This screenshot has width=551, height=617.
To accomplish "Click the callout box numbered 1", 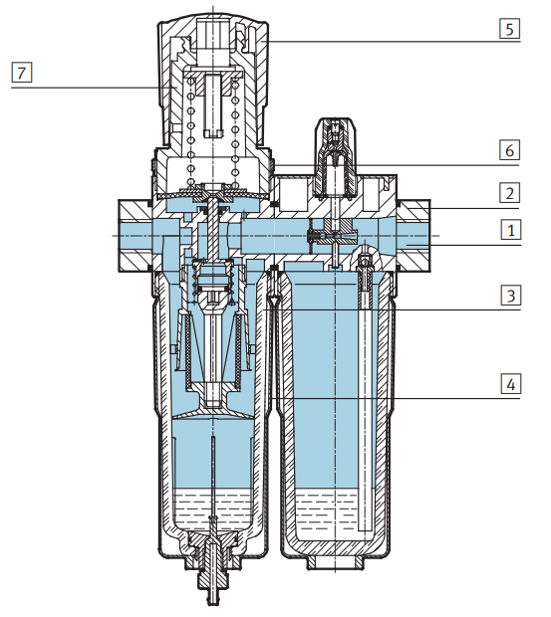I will (510, 231).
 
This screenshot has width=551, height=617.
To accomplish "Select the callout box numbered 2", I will (510, 193).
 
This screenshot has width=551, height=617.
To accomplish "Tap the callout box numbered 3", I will (510, 297).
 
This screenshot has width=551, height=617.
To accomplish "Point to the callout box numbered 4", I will (510, 384).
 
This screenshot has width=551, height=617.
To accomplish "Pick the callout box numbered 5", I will (510, 28).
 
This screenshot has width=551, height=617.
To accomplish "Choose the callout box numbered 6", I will (510, 151).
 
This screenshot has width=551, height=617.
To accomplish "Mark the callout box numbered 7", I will (19, 72).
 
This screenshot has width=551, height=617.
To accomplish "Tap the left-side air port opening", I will (128, 233).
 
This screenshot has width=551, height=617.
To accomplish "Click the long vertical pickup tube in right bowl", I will (365, 398).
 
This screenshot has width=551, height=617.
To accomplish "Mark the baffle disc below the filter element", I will (211, 407).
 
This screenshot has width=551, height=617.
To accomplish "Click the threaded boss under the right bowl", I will (339, 563).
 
